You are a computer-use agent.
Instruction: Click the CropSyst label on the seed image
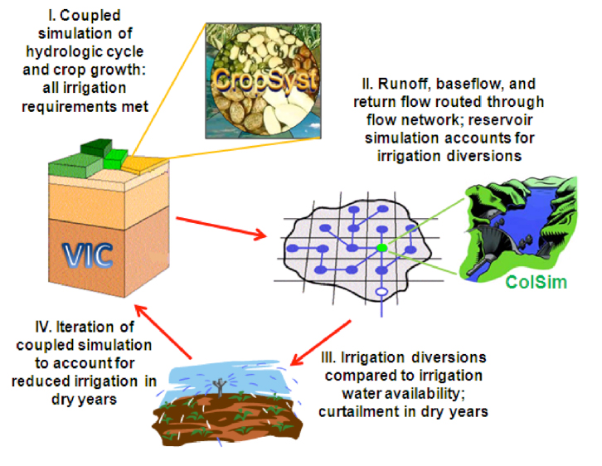[255, 78]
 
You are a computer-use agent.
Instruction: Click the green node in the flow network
[381, 247]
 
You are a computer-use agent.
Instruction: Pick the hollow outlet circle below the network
[381, 293]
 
